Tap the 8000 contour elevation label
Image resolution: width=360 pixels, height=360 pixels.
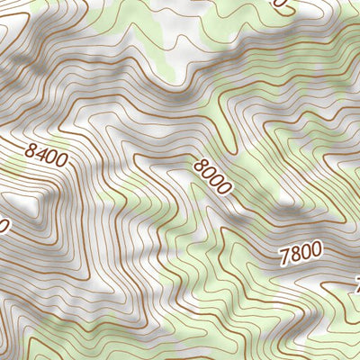click(x=212, y=176)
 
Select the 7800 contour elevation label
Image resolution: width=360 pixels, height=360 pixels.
click(x=300, y=255)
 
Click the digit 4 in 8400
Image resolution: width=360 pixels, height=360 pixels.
click(x=41, y=157)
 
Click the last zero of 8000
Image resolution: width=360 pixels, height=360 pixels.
click(x=222, y=190)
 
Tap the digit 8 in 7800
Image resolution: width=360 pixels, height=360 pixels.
click(x=294, y=256)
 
